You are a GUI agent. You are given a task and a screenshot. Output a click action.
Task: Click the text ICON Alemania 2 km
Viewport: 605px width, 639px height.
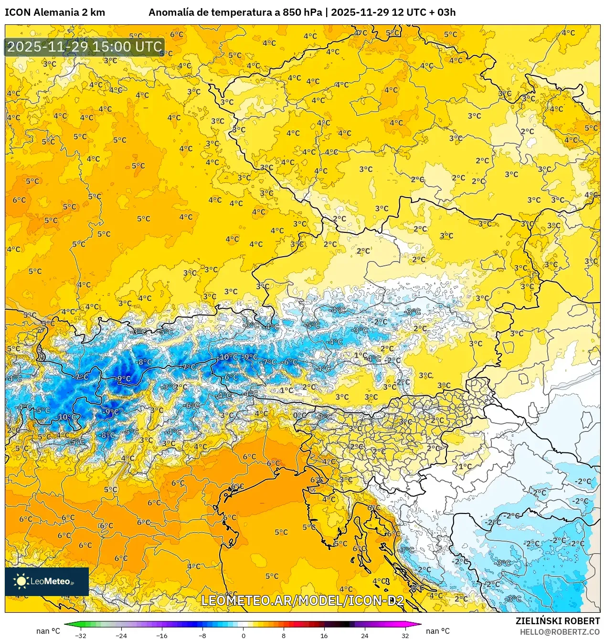pos(55,12)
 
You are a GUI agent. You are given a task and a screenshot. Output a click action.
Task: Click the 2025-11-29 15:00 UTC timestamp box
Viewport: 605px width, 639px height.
pos(85,47)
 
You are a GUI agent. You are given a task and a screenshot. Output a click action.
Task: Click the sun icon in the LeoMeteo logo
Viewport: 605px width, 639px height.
pos(21,581)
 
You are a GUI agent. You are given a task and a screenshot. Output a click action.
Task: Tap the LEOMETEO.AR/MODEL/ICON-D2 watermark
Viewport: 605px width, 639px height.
pos(302,600)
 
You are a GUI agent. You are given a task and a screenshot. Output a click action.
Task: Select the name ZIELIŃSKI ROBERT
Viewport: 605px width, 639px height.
pos(557,621)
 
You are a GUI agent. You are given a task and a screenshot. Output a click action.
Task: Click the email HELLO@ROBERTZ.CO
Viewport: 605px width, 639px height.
pos(559,632)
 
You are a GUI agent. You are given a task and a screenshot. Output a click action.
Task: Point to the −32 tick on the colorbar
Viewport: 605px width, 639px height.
pos(81,635)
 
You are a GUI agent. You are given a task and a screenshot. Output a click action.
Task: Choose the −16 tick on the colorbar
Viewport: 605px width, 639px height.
pos(162,635)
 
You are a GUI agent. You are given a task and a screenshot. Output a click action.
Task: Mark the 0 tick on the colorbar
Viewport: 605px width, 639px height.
pos(243,635)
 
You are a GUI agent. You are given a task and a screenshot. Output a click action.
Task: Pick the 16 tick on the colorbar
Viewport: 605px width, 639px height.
pos(324,635)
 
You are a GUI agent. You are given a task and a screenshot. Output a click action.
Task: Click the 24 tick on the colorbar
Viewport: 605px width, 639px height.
pos(365,635)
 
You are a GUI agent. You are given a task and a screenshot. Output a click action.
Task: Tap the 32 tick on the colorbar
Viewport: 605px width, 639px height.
pos(405,635)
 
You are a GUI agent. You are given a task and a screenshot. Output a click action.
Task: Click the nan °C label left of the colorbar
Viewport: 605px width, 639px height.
pos(48,631)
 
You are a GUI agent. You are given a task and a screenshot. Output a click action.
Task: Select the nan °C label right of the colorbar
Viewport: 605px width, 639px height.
pos(437,631)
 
